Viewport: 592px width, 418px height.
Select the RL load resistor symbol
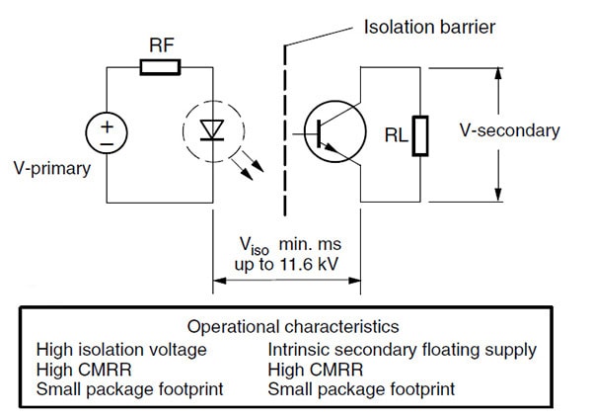(x=419, y=134)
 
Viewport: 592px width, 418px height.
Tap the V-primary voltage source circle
(x=106, y=132)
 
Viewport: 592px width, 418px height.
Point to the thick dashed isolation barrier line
(x=286, y=128)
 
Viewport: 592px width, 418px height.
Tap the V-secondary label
(x=510, y=130)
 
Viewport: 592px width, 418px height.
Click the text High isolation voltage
(x=121, y=349)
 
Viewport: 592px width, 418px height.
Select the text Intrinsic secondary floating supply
(x=403, y=349)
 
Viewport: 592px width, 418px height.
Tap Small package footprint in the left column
(x=129, y=388)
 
